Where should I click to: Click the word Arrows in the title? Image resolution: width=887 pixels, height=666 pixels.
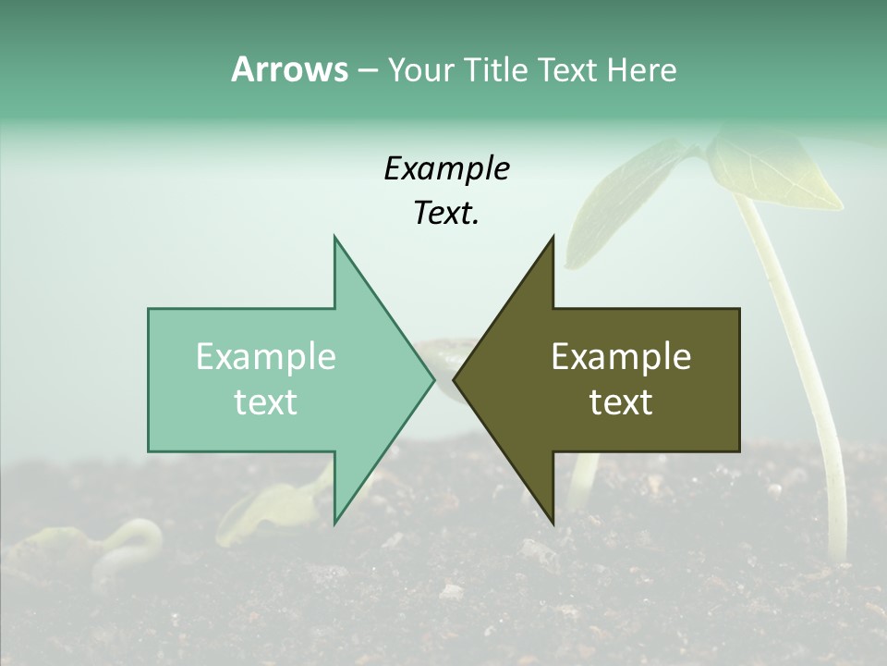(x=289, y=69)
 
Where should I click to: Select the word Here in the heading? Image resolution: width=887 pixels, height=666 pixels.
(x=641, y=69)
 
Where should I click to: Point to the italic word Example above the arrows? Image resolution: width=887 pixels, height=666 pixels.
(x=446, y=168)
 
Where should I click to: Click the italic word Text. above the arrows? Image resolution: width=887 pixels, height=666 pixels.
(x=446, y=214)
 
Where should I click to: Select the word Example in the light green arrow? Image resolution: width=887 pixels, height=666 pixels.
(x=266, y=356)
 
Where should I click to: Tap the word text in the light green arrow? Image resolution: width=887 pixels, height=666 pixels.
(x=266, y=401)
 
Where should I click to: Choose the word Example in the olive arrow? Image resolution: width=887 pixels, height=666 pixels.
(x=621, y=356)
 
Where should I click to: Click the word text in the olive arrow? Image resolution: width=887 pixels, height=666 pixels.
(x=621, y=401)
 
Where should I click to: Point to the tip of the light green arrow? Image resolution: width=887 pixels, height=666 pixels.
(x=432, y=379)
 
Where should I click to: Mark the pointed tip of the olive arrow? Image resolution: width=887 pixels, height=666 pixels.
(x=456, y=379)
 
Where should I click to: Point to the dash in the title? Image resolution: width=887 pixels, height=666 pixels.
(x=367, y=70)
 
